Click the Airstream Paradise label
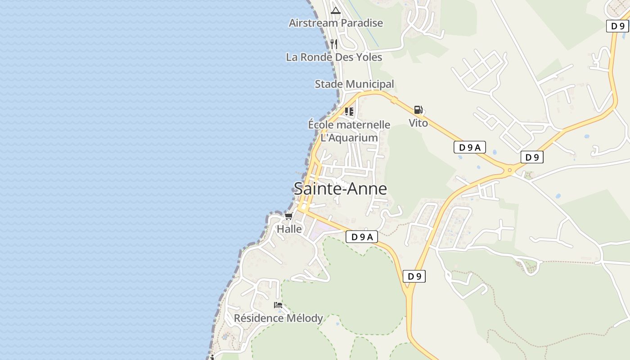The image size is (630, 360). click(x=336, y=23)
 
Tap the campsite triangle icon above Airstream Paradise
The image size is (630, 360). click(x=335, y=10)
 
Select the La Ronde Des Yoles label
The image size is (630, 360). click(x=334, y=57)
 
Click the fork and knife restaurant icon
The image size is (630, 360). click(x=333, y=44)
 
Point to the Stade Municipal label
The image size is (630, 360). click(x=354, y=84)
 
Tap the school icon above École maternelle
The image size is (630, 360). click(x=349, y=111)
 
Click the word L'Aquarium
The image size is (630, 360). click(x=349, y=138)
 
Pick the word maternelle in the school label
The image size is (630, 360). click(x=364, y=125)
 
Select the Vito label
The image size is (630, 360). click(x=418, y=123)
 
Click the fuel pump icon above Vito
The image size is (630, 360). click(x=418, y=110)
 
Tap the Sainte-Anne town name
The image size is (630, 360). click(x=340, y=189)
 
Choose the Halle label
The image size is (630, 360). click(x=289, y=229)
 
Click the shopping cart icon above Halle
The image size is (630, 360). click(x=288, y=216)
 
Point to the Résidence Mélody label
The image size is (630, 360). click(x=278, y=319)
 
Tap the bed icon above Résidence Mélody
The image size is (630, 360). click(x=278, y=305)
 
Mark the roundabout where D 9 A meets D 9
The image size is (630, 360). click(x=510, y=170)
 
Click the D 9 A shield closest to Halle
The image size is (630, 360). click(x=361, y=237)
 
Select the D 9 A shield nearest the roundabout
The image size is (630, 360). click(x=469, y=147)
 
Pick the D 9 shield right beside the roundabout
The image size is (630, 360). click(x=532, y=157)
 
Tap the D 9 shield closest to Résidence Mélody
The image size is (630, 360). click(x=414, y=276)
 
